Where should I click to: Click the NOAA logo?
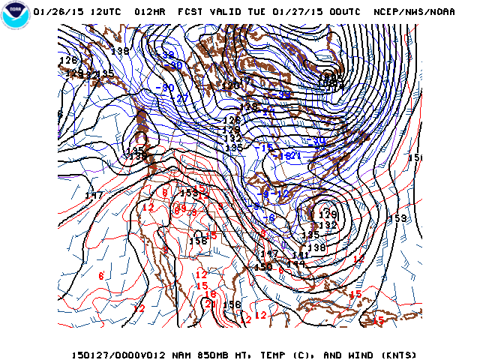pos(16,14)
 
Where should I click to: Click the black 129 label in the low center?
pos(328,214)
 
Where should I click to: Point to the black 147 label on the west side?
pos(94,196)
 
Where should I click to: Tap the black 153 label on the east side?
pos(400,218)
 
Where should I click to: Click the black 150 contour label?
pos(263,267)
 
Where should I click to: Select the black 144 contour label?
pos(296,264)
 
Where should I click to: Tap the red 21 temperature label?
pos(211,304)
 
